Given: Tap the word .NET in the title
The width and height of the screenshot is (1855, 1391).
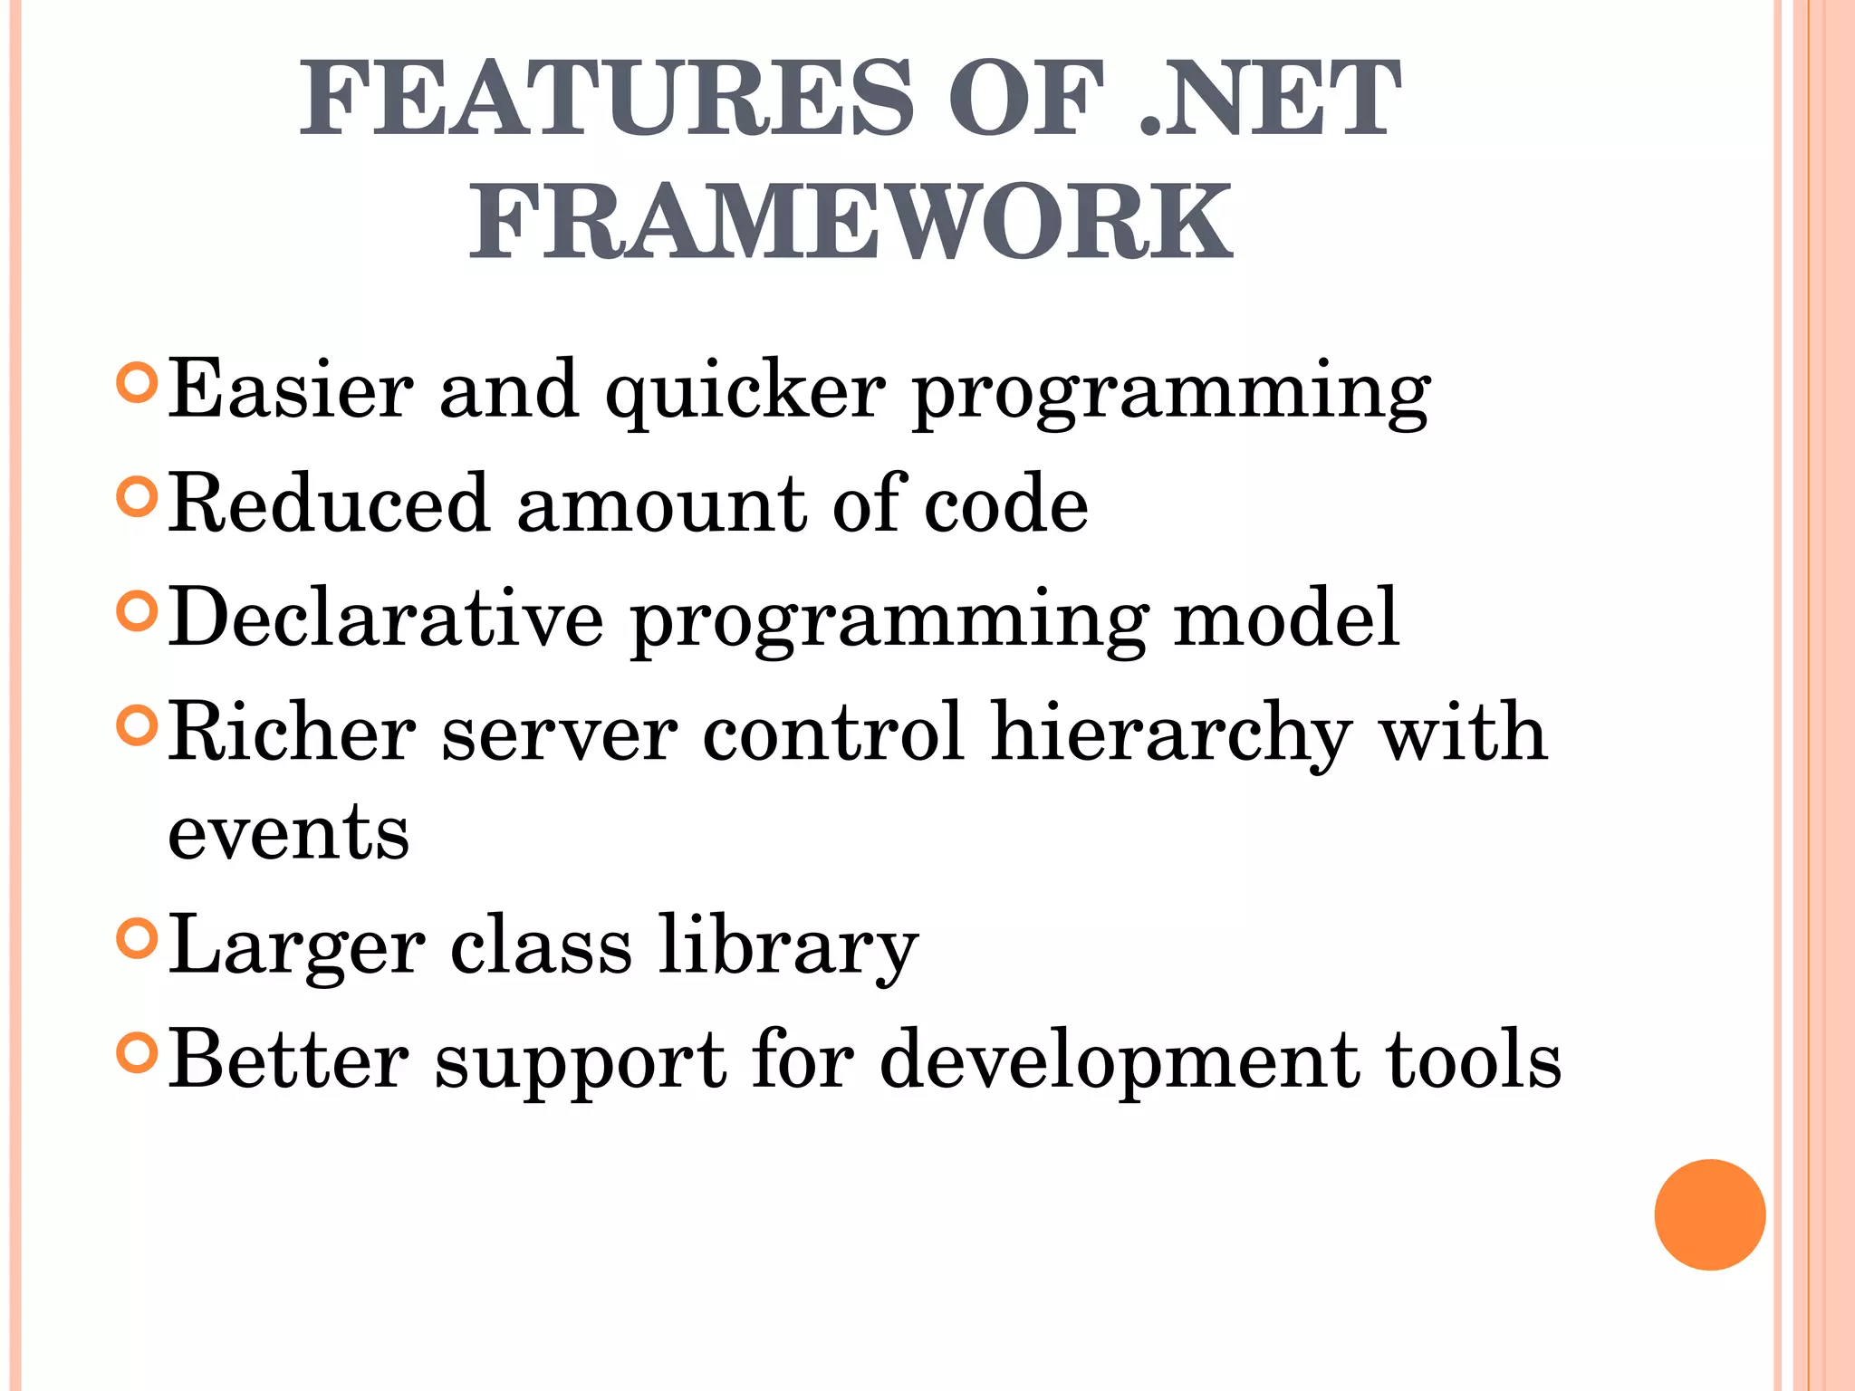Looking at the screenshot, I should click(x=1268, y=98).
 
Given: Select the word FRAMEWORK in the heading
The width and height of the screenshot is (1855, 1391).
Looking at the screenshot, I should click(x=851, y=222).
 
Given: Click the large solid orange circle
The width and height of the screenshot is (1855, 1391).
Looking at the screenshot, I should click(x=1709, y=1214).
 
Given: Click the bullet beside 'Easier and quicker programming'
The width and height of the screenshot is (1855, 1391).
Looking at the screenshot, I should click(x=138, y=383).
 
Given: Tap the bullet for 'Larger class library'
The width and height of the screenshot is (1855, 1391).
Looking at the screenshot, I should click(x=138, y=940).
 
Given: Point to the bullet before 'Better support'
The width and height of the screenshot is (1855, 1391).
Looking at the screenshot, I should click(x=138, y=1053).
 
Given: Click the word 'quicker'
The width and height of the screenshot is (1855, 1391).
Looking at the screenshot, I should click(x=745, y=391).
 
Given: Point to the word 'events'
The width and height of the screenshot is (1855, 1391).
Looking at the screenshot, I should click(x=288, y=833).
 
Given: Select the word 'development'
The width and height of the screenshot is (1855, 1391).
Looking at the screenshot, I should click(x=1120, y=1061).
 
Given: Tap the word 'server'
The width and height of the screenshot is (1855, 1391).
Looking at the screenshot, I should click(x=559, y=734).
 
